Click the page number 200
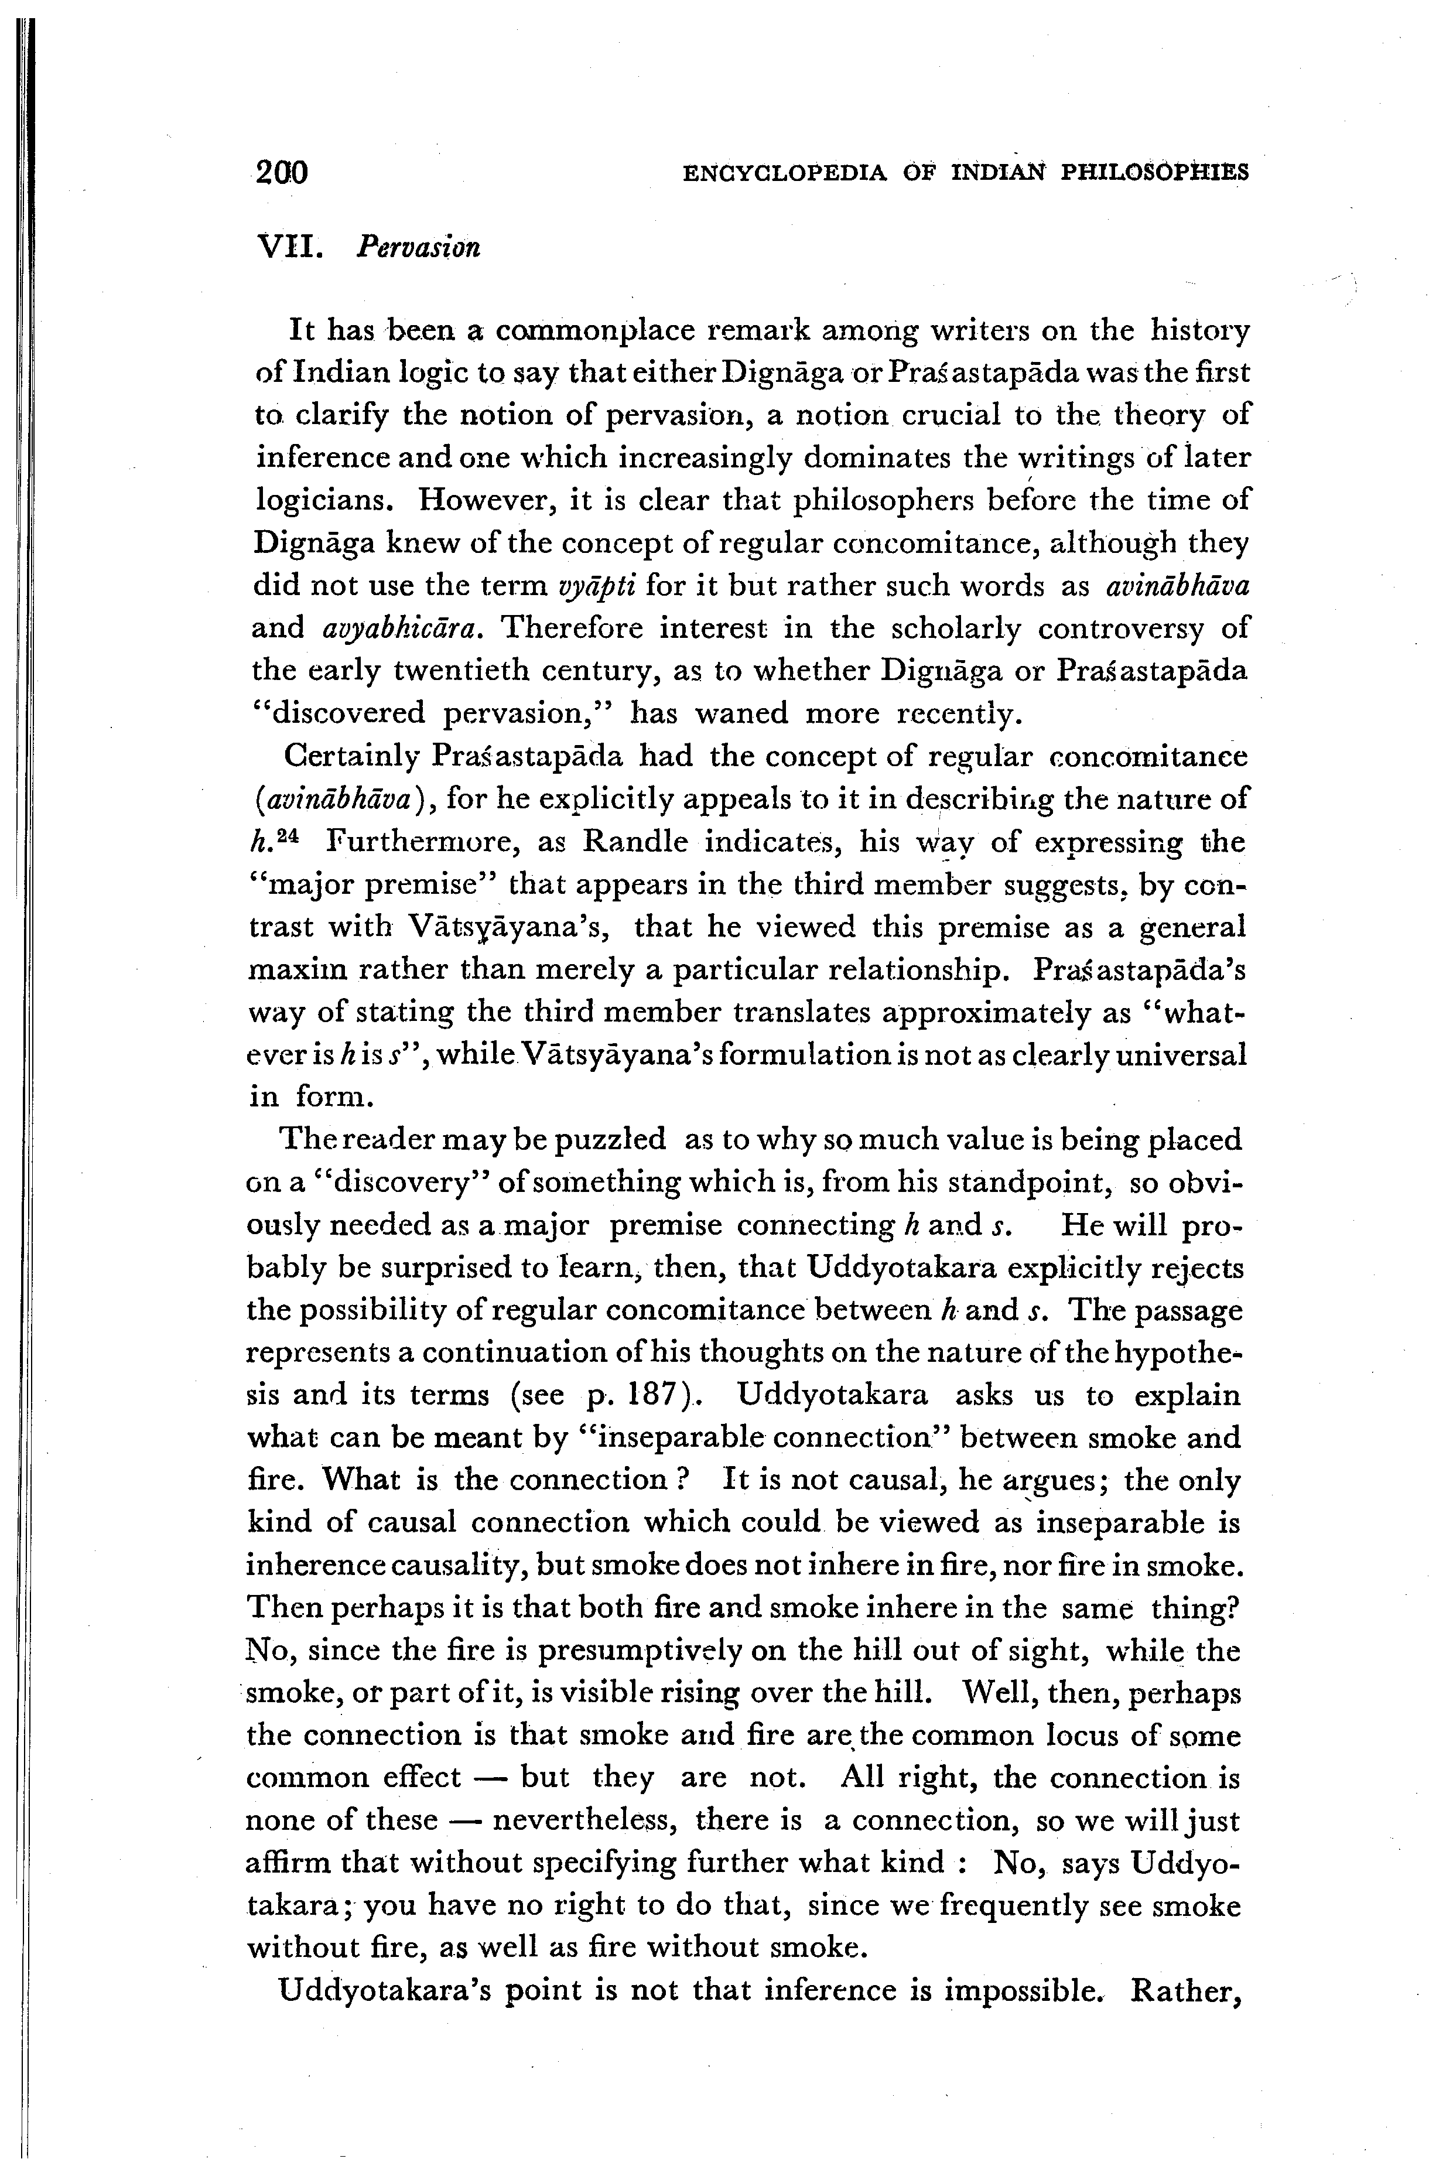tap(282, 172)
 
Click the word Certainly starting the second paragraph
tap(351, 757)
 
